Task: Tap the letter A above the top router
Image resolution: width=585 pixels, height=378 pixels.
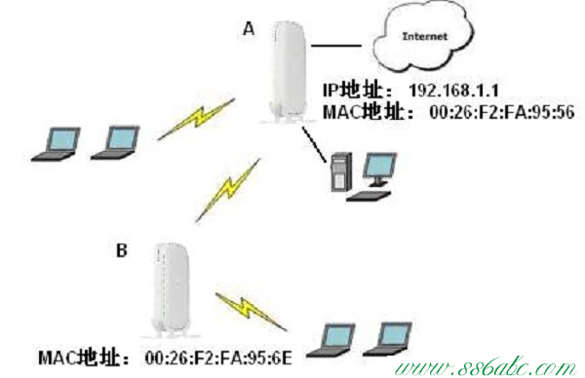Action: coord(248,30)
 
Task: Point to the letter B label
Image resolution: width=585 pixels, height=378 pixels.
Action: coord(122,251)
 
